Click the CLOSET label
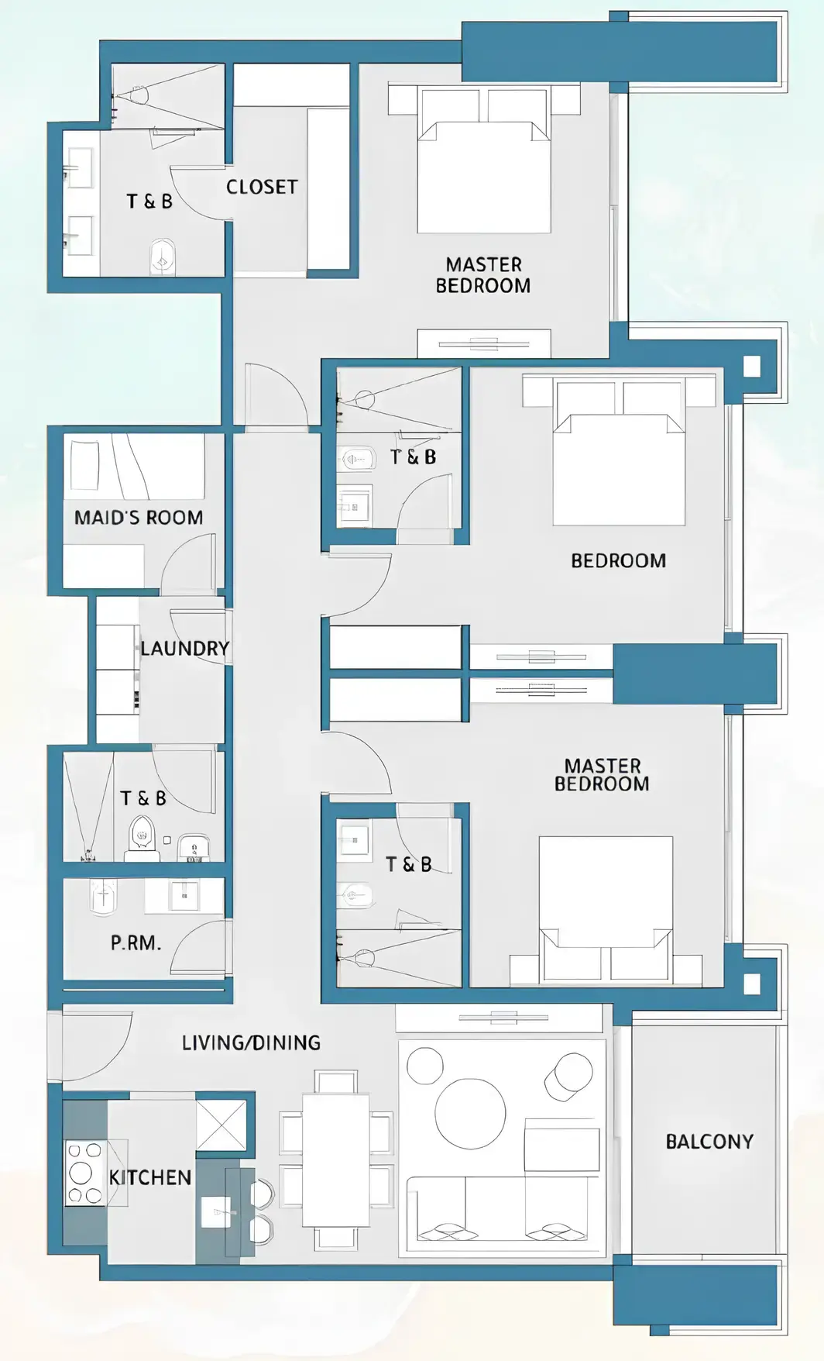click(262, 187)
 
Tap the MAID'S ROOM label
click(139, 517)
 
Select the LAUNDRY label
click(185, 648)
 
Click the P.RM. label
click(136, 942)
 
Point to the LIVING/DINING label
click(251, 1042)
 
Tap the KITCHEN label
click(150, 1177)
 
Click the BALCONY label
click(709, 1141)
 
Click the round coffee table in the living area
click(470, 1113)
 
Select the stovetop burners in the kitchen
click(84, 1172)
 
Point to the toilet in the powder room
click(102, 897)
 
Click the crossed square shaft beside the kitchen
click(221, 1124)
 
